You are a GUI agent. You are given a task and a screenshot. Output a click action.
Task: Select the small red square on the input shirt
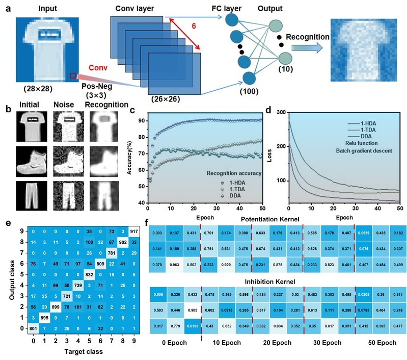[x=74, y=76]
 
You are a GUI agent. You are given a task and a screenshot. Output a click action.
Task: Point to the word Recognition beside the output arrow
[x=307, y=37]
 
